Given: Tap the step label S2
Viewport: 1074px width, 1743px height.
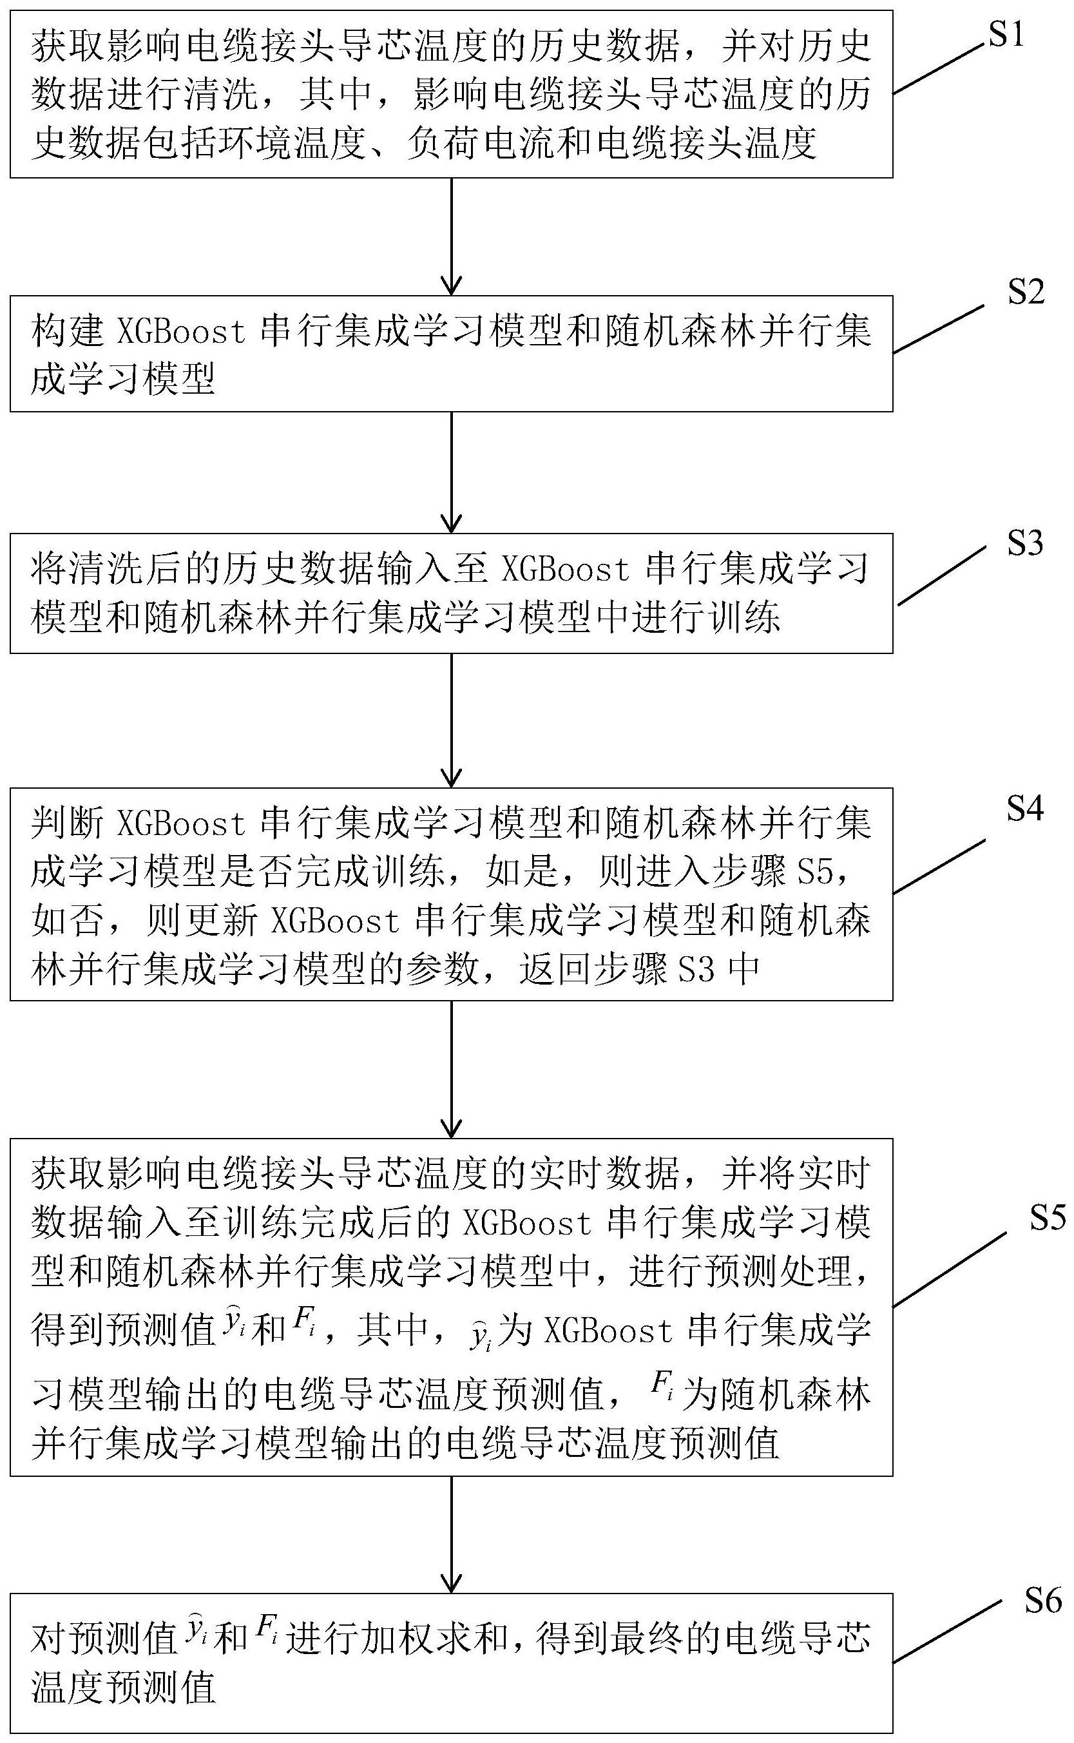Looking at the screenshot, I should tap(1026, 292).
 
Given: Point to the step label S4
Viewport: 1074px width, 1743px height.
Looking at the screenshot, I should tap(1025, 809).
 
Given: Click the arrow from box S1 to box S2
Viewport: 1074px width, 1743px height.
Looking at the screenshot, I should tap(451, 236).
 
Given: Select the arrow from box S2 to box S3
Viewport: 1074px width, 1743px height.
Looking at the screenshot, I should tap(451, 472).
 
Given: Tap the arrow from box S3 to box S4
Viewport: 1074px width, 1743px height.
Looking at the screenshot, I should tap(451, 720).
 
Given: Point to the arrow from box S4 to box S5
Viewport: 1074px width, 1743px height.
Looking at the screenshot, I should tap(451, 1069).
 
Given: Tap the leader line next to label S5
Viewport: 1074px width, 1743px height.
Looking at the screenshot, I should tap(949, 1269).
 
